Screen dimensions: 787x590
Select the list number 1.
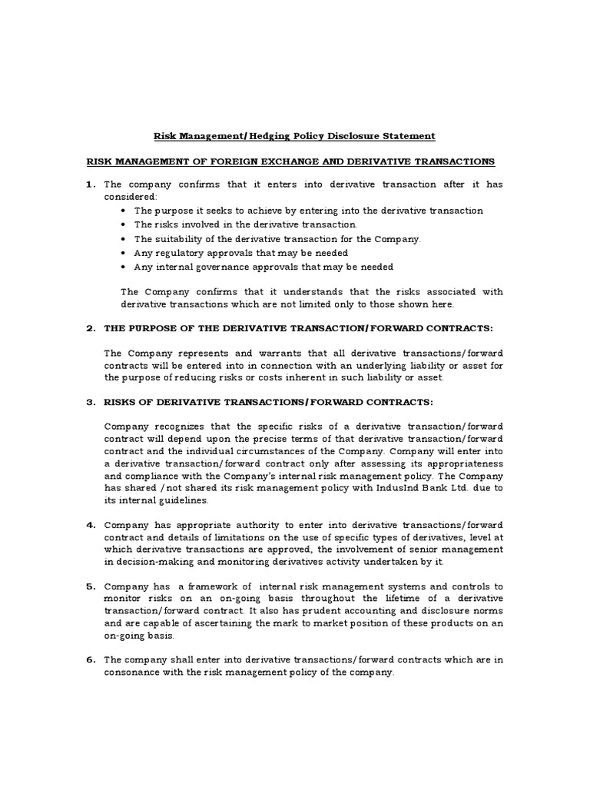coord(90,184)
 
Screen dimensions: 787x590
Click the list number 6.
coord(90,659)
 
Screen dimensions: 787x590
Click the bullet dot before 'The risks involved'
coord(124,224)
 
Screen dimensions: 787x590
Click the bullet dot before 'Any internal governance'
coord(124,267)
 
